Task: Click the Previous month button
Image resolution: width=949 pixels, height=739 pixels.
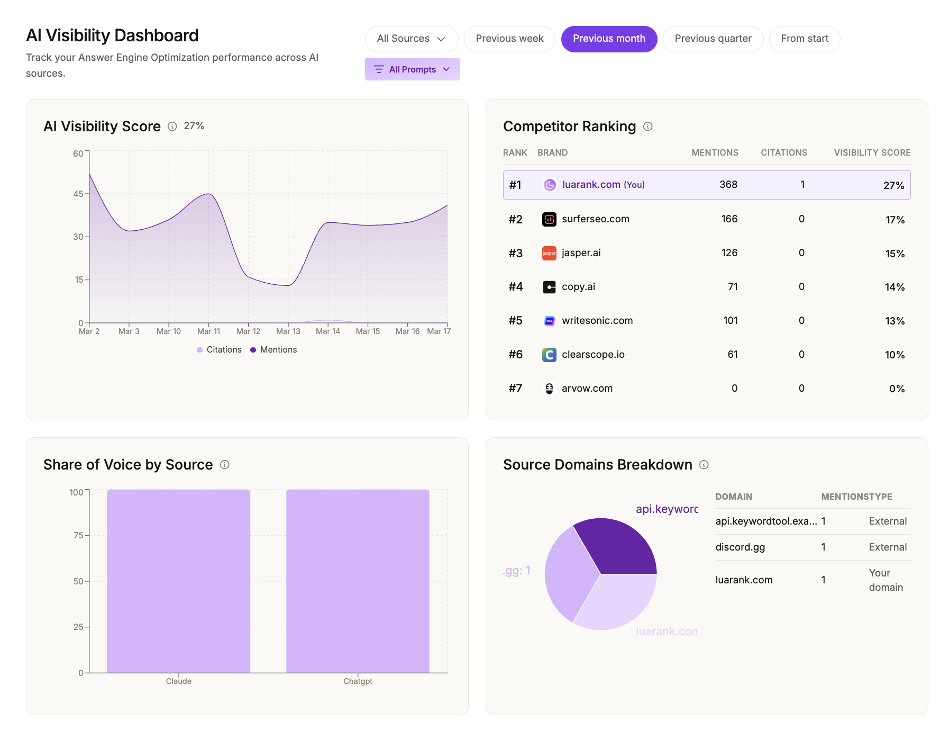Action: point(609,39)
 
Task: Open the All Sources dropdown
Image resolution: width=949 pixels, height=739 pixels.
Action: point(411,39)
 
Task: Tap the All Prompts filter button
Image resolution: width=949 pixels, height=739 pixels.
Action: point(412,69)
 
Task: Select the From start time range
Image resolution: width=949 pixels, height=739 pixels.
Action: point(804,39)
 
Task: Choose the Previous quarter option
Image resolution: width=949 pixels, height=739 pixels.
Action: point(713,39)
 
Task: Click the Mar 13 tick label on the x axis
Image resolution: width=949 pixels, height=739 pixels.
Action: point(288,331)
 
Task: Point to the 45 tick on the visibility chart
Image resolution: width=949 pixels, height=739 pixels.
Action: point(78,194)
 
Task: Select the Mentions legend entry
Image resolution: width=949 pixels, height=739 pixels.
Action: point(273,350)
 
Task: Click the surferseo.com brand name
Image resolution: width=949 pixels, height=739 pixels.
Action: point(595,219)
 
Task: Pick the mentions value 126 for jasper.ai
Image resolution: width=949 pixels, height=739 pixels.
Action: point(729,253)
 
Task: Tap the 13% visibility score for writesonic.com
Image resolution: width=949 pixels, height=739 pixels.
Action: point(895,321)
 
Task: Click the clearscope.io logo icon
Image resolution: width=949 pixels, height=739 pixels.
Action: point(549,355)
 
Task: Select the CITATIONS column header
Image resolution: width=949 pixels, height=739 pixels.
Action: point(783,152)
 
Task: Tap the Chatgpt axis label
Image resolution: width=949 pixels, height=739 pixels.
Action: point(358,681)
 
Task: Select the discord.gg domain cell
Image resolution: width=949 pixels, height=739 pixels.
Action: point(740,547)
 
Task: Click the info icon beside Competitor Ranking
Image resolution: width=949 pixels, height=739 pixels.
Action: point(647,127)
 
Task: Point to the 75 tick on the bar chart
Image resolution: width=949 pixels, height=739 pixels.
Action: point(78,535)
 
